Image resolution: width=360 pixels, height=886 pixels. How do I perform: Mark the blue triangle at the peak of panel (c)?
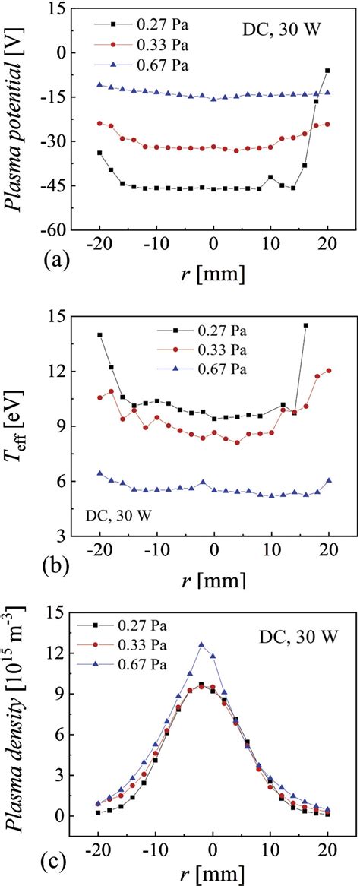[x=201, y=623]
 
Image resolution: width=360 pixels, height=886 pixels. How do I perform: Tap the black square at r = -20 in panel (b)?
[x=99, y=334]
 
